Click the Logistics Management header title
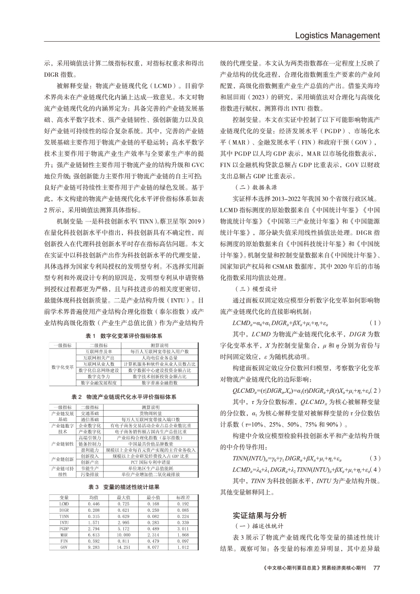[x=338, y=36]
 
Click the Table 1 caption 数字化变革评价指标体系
[x=124, y=336]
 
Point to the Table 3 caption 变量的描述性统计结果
[x=124, y=486]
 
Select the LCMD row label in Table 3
[x=64, y=503]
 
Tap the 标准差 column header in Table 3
[x=183, y=496]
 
